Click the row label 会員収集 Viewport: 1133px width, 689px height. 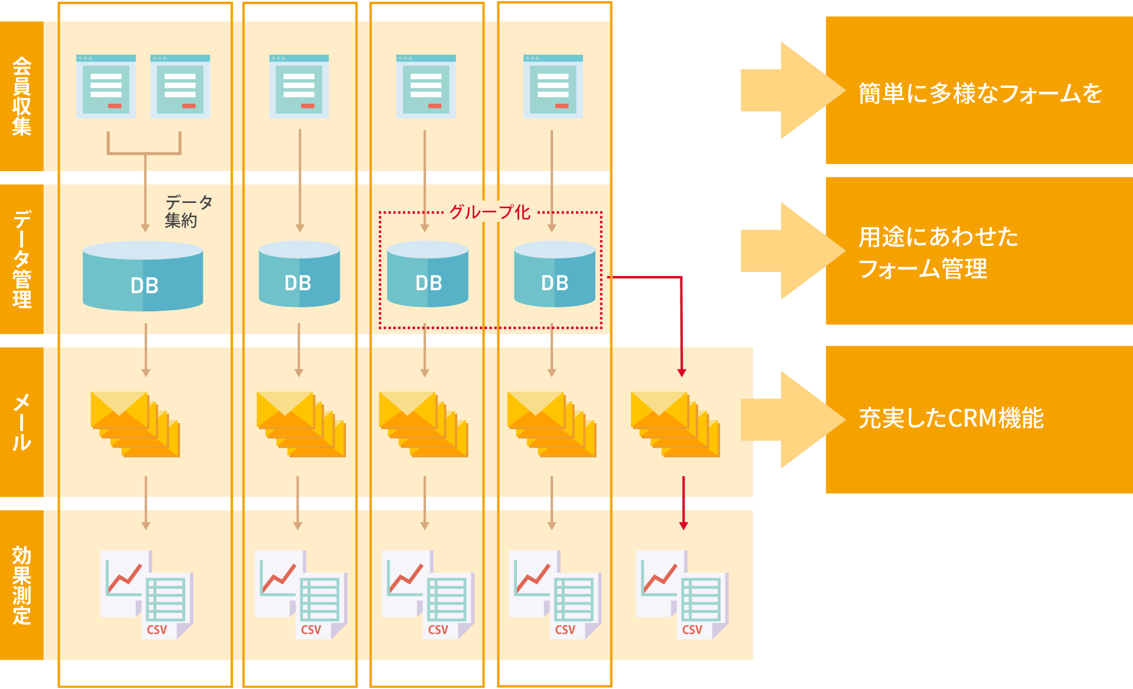click(22, 96)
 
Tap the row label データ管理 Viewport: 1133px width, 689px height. click(22, 259)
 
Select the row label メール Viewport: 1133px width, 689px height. click(22, 422)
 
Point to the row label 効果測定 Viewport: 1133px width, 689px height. click(22, 585)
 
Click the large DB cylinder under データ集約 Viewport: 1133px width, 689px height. click(143, 277)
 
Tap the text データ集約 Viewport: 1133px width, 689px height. click(188, 211)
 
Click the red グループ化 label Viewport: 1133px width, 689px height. click(490, 212)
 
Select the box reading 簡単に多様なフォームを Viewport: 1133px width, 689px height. click(980, 93)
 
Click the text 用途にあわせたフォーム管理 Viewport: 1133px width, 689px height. click(938, 252)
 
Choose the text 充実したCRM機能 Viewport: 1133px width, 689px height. click(951, 418)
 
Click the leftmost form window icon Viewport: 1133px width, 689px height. click(106, 87)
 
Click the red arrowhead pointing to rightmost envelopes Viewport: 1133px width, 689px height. click(682, 373)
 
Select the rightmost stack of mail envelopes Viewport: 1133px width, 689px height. click(675, 424)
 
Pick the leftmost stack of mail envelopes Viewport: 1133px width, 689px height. click(135, 424)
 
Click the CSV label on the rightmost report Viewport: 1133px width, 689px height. click(692, 630)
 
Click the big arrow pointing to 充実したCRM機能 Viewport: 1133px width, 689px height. click(791, 419)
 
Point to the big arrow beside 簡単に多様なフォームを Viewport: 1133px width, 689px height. click(791, 90)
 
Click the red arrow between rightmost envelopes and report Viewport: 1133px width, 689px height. click(683, 501)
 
